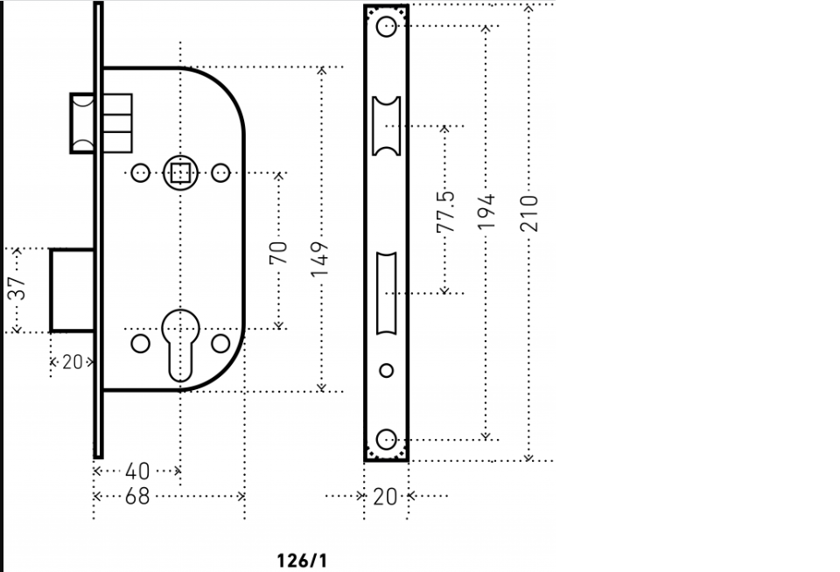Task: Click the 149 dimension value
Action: pyautogui.click(x=320, y=259)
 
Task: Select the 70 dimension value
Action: pyautogui.click(x=278, y=253)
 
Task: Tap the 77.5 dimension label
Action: pyautogui.click(x=445, y=212)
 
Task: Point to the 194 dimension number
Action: pyautogui.click(x=486, y=212)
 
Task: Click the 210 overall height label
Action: pyautogui.click(x=528, y=213)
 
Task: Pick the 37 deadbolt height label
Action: pyautogui.click(x=17, y=288)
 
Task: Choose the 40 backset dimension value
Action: pyautogui.click(x=137, y=471)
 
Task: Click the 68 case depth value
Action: pyautogui.click(x=137, y=497)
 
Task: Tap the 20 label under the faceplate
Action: pyautogui.click(x=385, y=497)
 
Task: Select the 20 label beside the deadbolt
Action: pyautogui.click(x=73, y=362)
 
